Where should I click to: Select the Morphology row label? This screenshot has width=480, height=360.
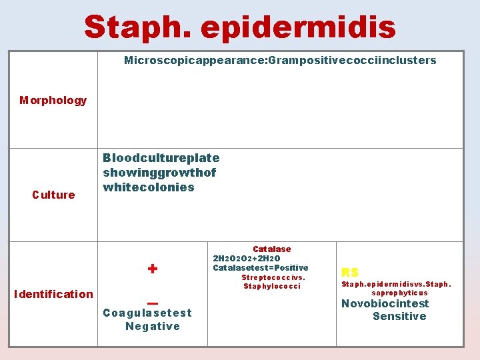coord(53,101)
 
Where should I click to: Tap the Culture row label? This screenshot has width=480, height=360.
coord(53,195)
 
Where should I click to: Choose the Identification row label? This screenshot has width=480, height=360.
coord(53,294)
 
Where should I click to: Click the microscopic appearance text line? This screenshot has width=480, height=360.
coord(280,61)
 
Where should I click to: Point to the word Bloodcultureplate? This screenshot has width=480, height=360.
coord(161,158)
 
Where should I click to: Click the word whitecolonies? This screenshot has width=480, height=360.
coord(148,187)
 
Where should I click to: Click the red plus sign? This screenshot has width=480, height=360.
coord(153,269)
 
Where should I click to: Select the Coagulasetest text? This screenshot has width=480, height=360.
coord(147,313)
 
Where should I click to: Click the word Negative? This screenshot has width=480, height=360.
coord(153,326)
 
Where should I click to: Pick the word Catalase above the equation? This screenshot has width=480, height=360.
coord(271,249)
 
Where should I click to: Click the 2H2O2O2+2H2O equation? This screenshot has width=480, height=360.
coord(247,259)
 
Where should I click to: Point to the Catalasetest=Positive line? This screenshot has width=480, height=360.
coord(261,268)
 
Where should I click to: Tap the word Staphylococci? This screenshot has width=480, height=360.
coord(272,287)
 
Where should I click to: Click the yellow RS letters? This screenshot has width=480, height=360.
coord(350,272)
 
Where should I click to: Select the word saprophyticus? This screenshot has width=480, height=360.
coord(399,293)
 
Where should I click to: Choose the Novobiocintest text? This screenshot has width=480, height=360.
coord(385,304)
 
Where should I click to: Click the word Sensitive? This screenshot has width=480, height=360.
coord(399,317)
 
